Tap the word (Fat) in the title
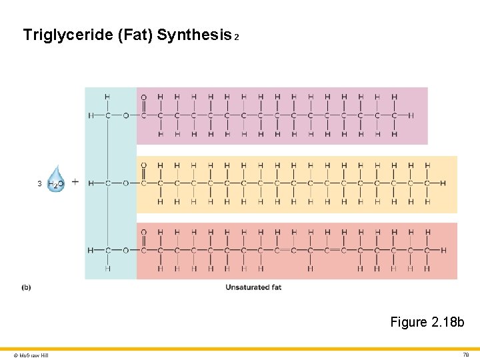(135, 35)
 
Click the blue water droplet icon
(57, 179)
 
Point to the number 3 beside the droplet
(40, 183)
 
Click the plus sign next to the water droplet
(75, 181)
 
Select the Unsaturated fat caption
(253, 287)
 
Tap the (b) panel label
(26, 287)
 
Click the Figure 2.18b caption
(427, 323)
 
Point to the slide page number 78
(465, 355)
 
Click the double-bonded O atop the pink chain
(143, 97)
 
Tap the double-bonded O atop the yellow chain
(143, 165)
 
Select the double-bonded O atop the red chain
(143, 232)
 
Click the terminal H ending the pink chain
(411, 115)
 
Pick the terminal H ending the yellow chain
(444, 183)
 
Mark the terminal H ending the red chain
(444, 250)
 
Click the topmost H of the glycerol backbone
(107, 97)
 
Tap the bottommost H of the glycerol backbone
(107, 269)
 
